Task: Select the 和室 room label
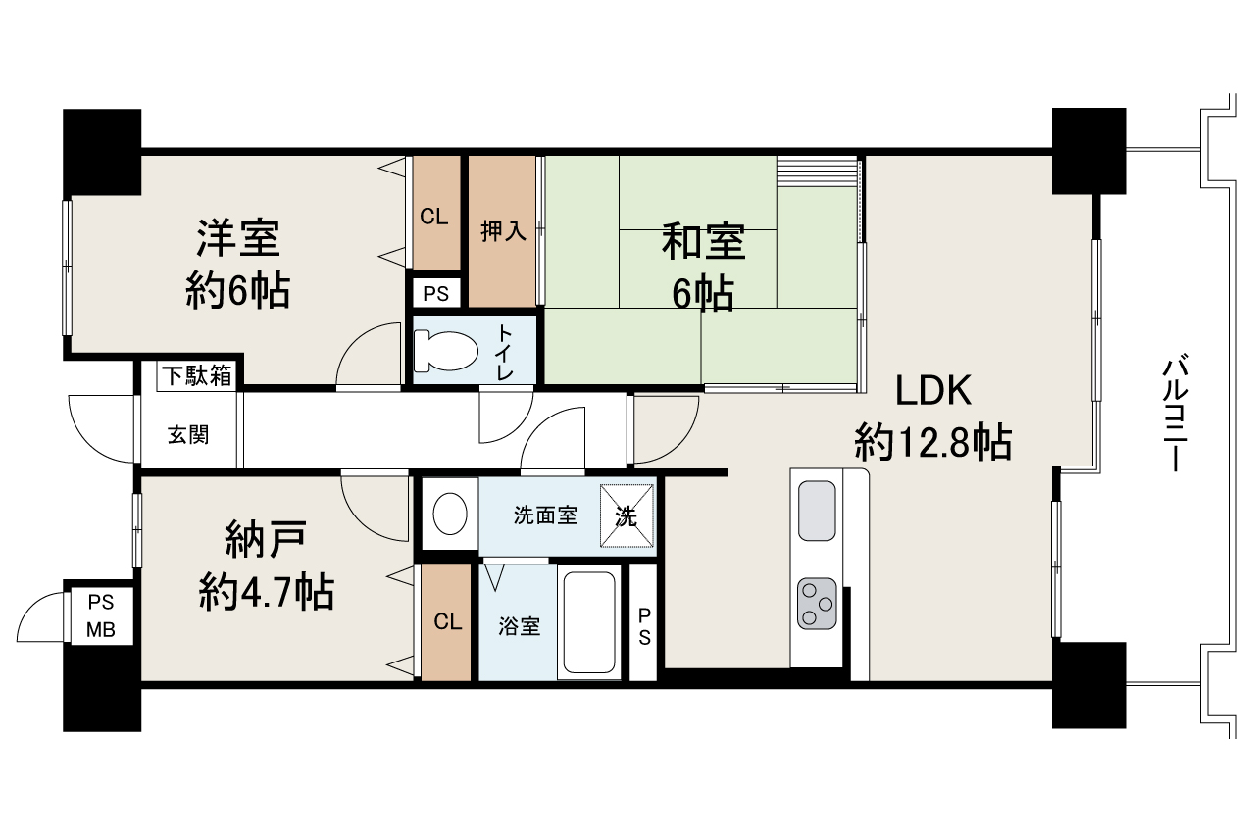[702, 241]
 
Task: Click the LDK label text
[932, 391]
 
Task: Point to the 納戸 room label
[266, 539]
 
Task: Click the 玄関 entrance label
[187, 434]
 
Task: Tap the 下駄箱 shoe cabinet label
[198, 374]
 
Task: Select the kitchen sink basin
[816, 511]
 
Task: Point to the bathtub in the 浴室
[587, 622]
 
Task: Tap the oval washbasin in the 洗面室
[449, 514]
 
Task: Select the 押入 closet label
[503, 231]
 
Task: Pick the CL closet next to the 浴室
[447, 621]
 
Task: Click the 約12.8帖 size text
[932, 444]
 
